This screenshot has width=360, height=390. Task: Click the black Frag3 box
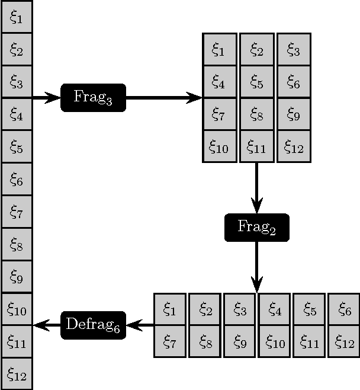[x=93, y=97]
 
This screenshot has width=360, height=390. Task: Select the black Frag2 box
[x=257, y=227]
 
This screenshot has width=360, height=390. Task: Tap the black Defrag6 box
[x=93, y=325]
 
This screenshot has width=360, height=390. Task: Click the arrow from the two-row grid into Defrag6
[x=140, y=325]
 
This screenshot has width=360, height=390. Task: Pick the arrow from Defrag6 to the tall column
[x=47, y=325]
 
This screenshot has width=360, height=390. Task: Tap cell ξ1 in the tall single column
[x=17, y=18]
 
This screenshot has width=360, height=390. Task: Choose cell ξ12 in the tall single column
[x=17, y=374]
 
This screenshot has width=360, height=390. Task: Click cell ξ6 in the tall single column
[x=17, y=180]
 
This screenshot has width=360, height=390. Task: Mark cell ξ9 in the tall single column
[x=17, y=277]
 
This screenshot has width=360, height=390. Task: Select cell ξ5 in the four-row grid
[x=257, y=82]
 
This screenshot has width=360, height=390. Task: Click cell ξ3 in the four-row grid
[x=294, y=50]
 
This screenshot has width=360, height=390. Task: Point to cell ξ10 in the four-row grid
[x=220, y=146]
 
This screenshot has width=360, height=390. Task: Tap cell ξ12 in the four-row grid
[x=294, y=146]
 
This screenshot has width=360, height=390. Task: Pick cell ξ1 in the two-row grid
[x=170, y=309]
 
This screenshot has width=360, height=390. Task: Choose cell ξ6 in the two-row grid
[x=344, y=309]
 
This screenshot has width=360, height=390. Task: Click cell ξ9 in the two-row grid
[x=240, y=341]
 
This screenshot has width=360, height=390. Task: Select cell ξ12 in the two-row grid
[x=344, y=341]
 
